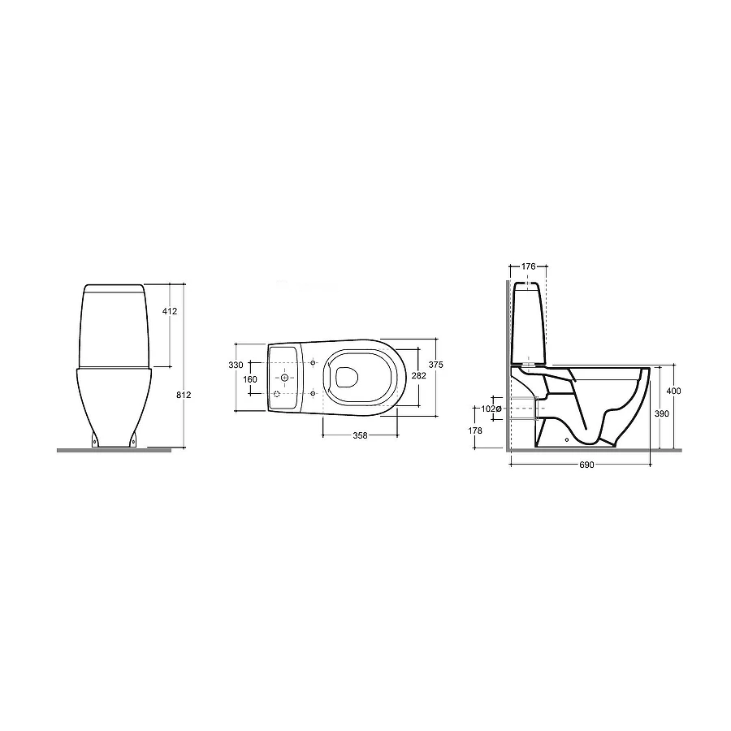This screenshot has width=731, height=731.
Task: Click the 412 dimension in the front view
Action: click(170, 311)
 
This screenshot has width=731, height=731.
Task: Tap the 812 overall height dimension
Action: click(184, 395)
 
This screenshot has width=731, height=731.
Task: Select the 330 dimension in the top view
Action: click(236, 365)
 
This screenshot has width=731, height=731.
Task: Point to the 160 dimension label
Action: click(250, 379)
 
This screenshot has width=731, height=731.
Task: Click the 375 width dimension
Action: click(436, 365)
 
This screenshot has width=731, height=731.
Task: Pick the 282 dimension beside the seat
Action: click(418, 375)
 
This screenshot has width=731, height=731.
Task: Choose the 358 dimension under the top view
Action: click(360, 435)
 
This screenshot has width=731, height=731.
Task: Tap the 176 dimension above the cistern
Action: click(528, 266)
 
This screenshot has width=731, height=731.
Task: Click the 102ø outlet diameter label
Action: click(491, 409)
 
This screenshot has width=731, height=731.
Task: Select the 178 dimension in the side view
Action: click(475, 431)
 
